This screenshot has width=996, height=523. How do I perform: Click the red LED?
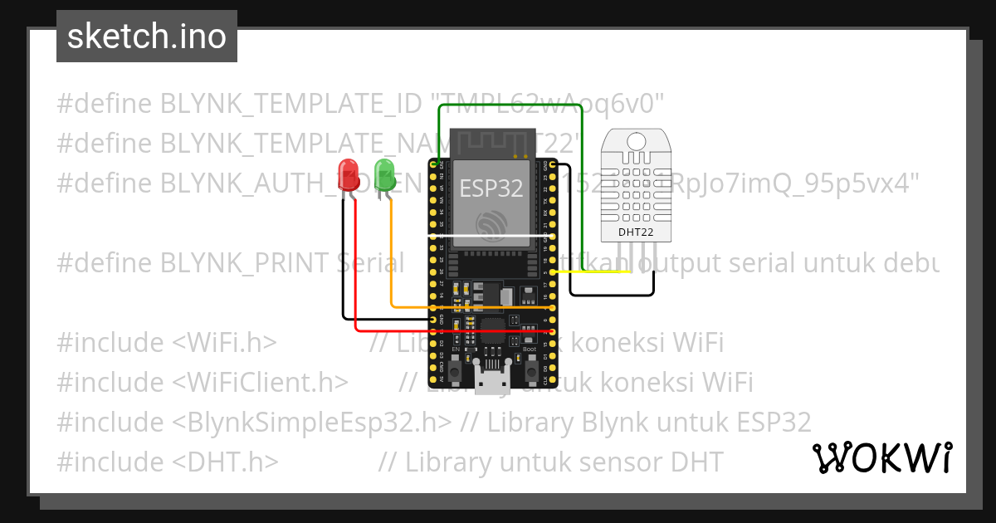click(x=348, y=175)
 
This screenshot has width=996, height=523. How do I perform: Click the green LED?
click(x=384, y=175)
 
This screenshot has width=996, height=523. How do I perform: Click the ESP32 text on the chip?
click(x=491, y=188)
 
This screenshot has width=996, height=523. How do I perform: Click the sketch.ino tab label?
click(x=147, y=37)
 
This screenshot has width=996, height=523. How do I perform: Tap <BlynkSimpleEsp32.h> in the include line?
click(x=313, y=422)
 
